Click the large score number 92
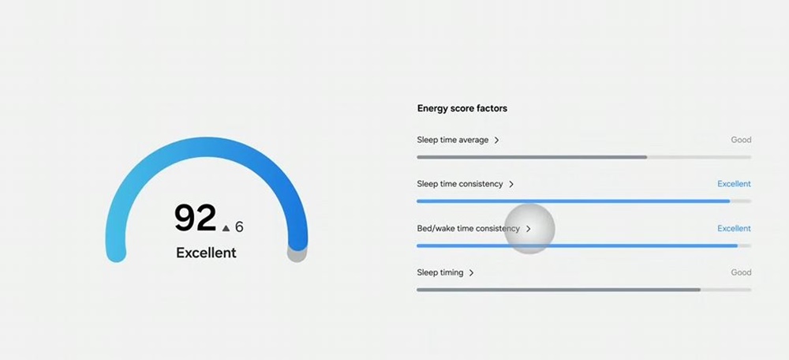point(195,218)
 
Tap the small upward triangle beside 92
point(226,228)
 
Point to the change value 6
point(239,227)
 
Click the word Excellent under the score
point(206,253)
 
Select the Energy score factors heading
point(462,108)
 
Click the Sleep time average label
point(452,140)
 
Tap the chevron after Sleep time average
point(496,140)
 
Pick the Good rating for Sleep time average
point(741,140)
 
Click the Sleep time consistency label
point(460,184)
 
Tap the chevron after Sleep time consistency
point(511,184)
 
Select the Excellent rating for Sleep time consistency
point(734,184)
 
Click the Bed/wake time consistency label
point(468,229)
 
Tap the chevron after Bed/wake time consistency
point(529,229)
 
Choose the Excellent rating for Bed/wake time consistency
point(734,228)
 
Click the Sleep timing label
point(439,273)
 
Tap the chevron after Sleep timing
point(472,273)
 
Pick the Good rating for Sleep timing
point(741,272)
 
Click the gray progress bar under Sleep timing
point(559,290)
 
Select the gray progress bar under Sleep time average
point(532,157)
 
